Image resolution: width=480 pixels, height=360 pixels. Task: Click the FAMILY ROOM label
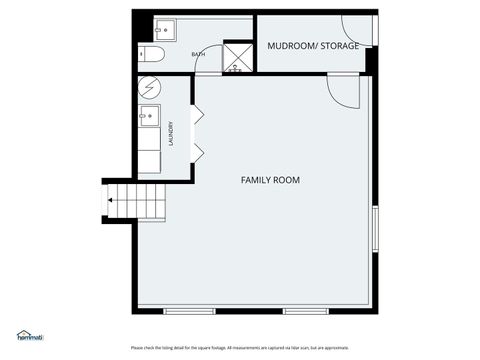[270, 180]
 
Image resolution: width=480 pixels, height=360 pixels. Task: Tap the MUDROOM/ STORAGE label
[312, 45]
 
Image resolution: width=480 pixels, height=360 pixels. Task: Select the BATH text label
[198, 55]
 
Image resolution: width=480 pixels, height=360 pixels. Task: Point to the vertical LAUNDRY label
[172, 133]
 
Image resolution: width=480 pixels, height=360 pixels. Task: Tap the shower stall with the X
[237, 57]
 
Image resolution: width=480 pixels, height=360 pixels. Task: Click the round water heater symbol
[149, 87]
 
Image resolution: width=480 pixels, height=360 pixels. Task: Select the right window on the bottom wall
[305, 309]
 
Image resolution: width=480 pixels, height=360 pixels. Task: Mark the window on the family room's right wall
[374, 231]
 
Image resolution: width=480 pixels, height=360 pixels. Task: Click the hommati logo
[29, 336]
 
